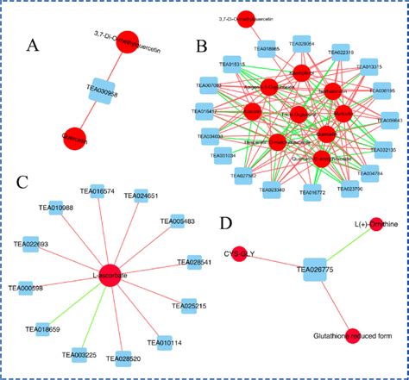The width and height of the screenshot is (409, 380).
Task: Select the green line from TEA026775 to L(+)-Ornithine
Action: tap(346, 259)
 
